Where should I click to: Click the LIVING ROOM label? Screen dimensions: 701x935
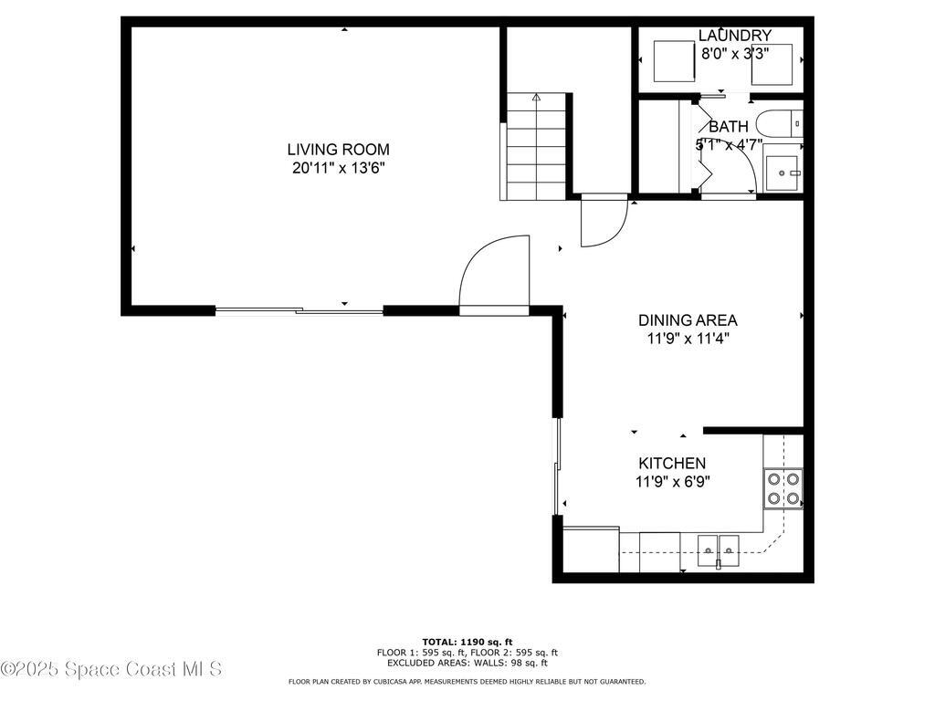point(338,150)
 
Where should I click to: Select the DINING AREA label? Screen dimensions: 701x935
point(687,320)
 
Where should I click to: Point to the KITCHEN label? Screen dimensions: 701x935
point(671,464)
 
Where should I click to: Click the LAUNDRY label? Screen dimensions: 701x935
point(734,36)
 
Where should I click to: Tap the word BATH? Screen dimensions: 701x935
point(728,127)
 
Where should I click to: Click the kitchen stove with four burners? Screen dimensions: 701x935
point(783,488)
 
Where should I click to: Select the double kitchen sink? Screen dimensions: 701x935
point(720,549)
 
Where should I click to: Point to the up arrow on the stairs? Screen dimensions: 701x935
point(536,97)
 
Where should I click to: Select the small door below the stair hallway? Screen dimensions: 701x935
point(603,224)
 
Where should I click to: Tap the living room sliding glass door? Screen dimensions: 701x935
point(299,311)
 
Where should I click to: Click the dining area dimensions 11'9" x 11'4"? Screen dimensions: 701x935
point(687,338)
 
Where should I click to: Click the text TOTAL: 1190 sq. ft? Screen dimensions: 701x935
point(467,642)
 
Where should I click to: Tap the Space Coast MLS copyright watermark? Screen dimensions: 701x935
point(111,669)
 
